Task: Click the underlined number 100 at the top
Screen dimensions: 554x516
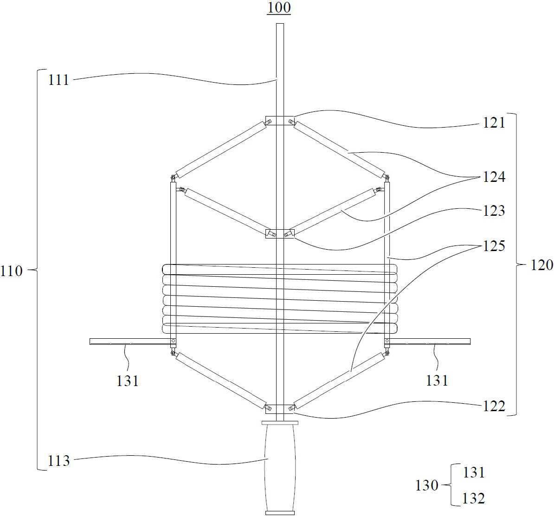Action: [279, 8]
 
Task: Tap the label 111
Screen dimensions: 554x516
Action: [58, 80]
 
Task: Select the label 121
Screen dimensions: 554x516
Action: [494, 123]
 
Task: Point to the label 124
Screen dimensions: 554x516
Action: [494, 177]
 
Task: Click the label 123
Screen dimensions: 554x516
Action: [494, 211]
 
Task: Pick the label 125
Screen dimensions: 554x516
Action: [494, 246]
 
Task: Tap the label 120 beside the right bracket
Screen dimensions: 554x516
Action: [542, 264]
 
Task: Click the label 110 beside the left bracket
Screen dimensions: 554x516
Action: [11, 271]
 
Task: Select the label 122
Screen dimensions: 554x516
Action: [494, 406]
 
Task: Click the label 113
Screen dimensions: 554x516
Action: [58, 461]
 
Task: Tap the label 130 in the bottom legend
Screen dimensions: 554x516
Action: [427, 485]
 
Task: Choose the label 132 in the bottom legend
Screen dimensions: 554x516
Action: [473, 498]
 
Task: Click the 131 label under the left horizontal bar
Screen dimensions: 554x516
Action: [128, 381]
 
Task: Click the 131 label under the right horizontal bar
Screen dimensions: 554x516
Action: [437, 381]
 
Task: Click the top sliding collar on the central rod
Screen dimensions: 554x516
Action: [279, 120]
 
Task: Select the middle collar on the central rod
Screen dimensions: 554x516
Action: [279, 233]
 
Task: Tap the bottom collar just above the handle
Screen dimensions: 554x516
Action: [279, 409]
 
